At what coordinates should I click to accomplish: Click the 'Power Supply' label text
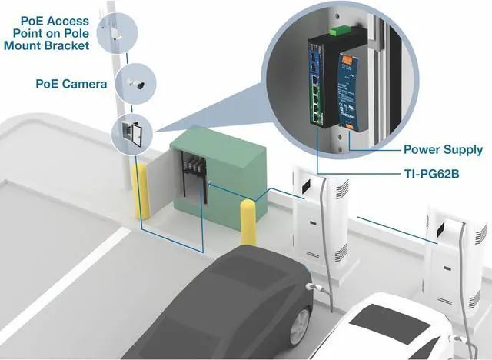[x=443, y=149]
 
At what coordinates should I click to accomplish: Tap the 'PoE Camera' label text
[x=71, y=83]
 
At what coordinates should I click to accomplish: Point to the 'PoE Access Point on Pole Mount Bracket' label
[x=52, y=33]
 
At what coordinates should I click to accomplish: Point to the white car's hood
[x=384, y=323]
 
